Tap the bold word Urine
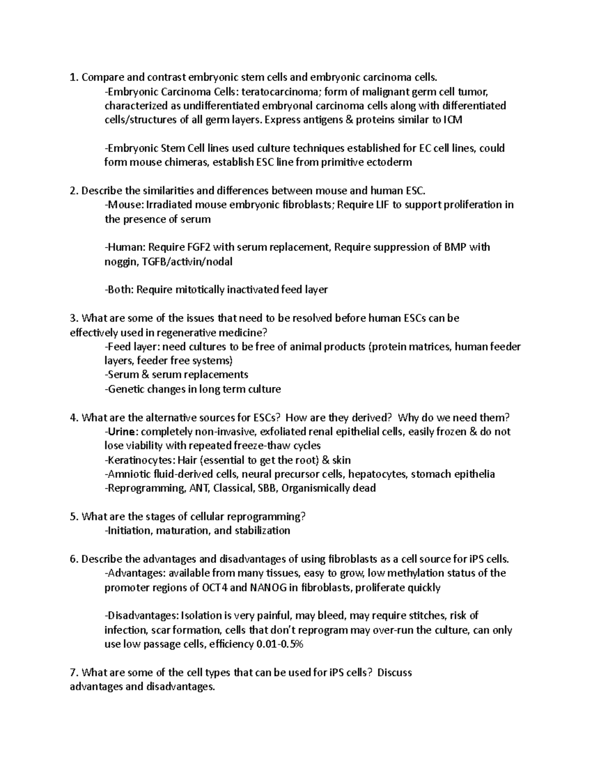click(123, 432)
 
